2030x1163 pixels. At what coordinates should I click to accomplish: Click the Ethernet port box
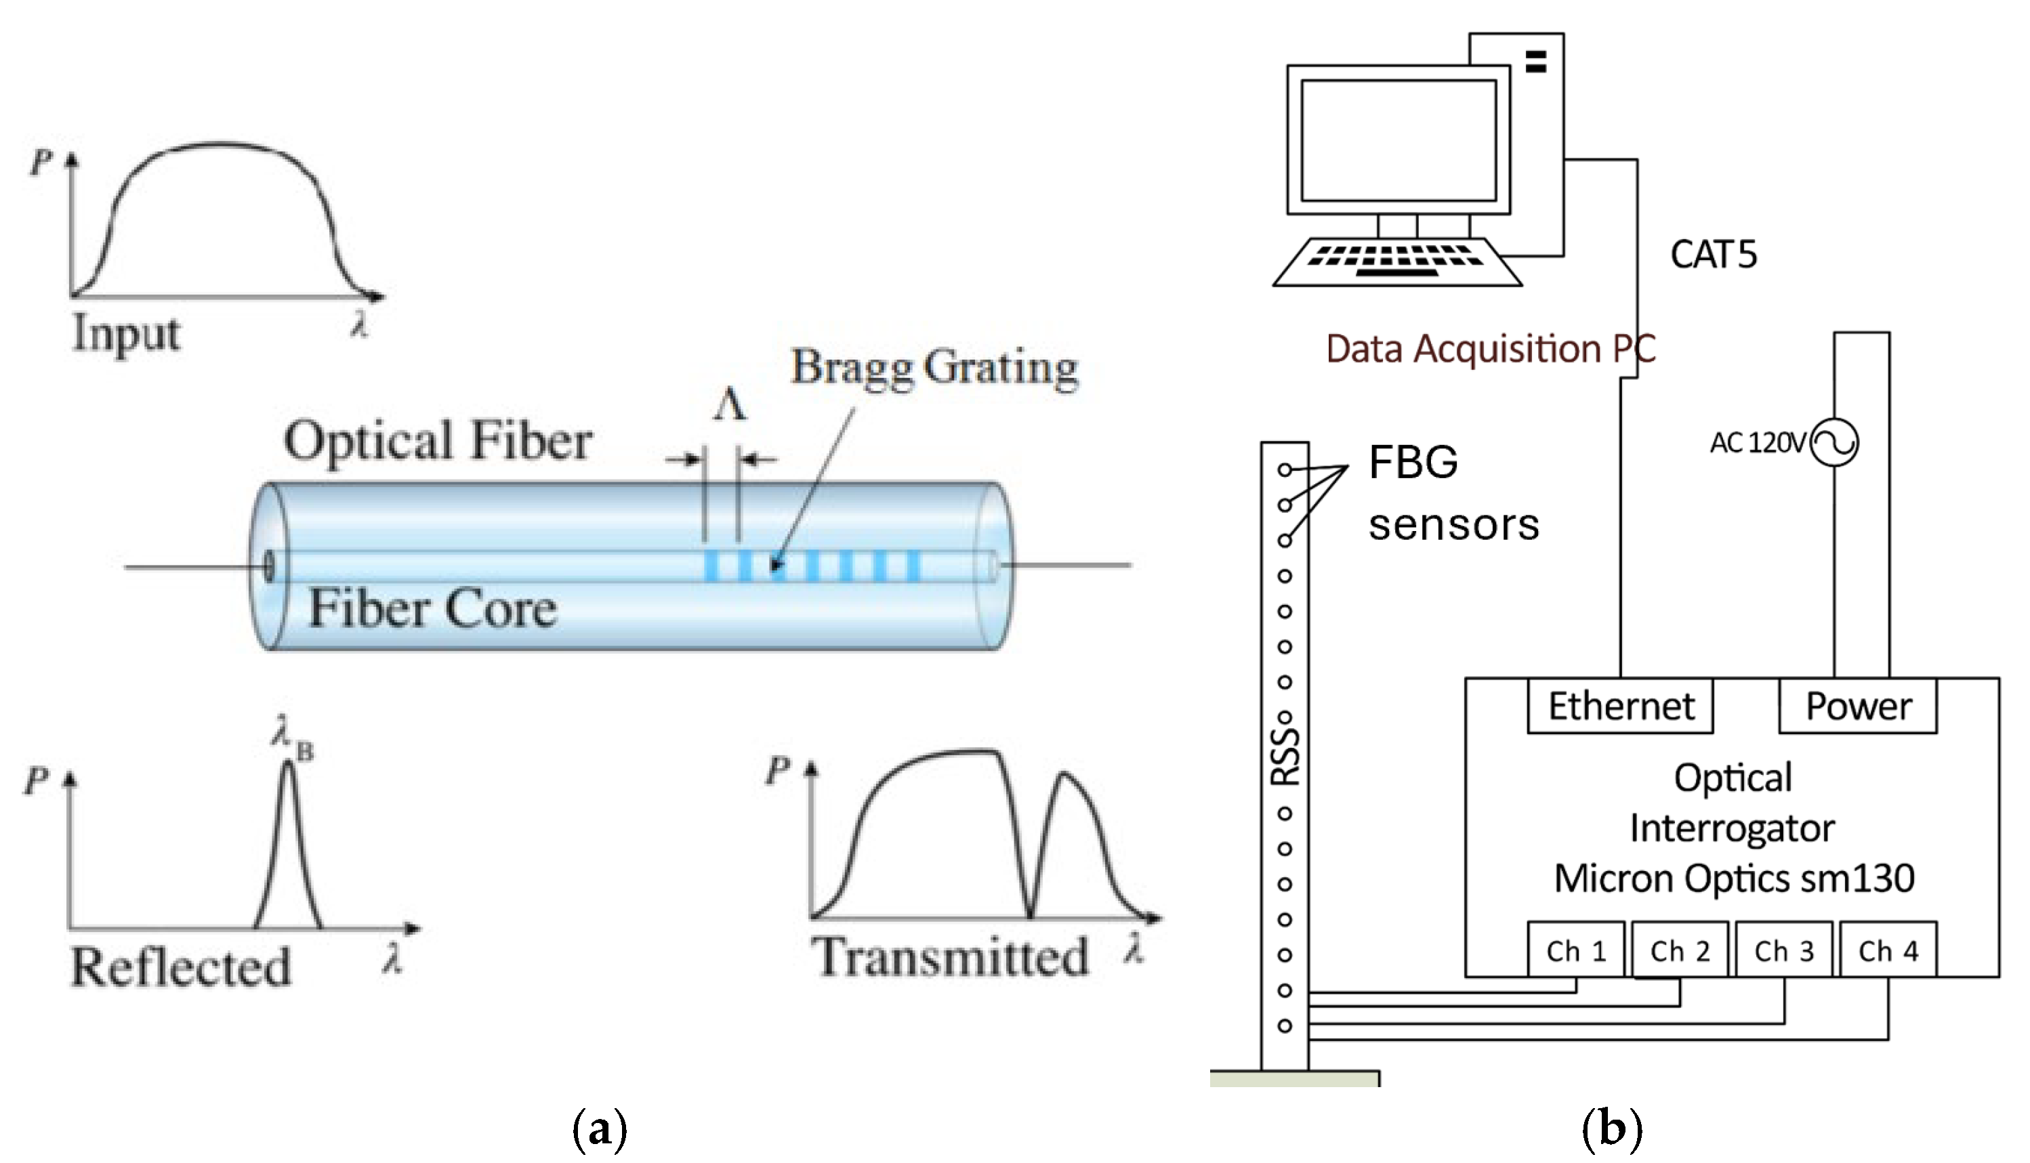tap(1619, 706)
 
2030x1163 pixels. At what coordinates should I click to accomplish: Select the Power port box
tap(1857, 706)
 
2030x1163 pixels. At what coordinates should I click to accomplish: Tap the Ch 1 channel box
tap(1575, 950)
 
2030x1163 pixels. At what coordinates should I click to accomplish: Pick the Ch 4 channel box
tap(1888, 950)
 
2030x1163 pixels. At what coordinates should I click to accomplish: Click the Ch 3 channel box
tap(1783, 950)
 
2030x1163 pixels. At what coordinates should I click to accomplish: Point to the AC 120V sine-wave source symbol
tap(1834, 442)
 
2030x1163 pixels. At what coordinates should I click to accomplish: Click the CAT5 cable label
tap(1713, 255)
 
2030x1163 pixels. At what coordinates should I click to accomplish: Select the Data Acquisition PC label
tap(1491, 349)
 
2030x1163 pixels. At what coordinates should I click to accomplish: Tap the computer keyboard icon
tap(1397, 261)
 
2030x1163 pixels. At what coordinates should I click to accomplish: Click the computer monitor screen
tap(1398, 140)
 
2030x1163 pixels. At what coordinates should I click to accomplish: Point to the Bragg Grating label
tap(934, 368)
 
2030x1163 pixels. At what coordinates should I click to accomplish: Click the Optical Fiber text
tap(438, 440)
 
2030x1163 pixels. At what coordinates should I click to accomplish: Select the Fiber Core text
tap(432, 609)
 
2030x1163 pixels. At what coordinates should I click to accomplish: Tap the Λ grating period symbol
tap(729, 405)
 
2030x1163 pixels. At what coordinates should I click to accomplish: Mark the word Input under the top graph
tap(126, 333)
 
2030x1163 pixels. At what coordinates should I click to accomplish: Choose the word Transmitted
tap(950, 957)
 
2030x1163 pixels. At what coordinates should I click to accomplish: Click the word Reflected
tap(180, 967)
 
